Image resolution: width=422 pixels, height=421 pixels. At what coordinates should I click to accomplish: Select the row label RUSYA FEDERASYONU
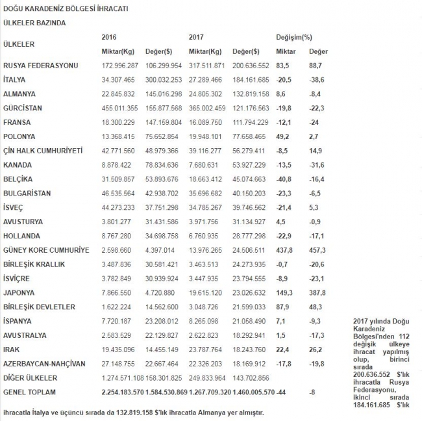tap(40, 66)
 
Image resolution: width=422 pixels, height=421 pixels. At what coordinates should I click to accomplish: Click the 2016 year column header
tap(109, 36)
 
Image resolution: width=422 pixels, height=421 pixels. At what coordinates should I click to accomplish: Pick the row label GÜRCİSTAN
tap(24, 108)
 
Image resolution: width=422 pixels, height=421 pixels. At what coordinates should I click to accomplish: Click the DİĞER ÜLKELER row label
tap(31, 377)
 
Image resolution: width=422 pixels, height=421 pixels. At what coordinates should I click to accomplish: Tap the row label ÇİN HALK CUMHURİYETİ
tap(43, 150)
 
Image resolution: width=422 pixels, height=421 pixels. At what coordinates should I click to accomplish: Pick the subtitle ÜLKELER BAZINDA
tap(34, 23)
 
